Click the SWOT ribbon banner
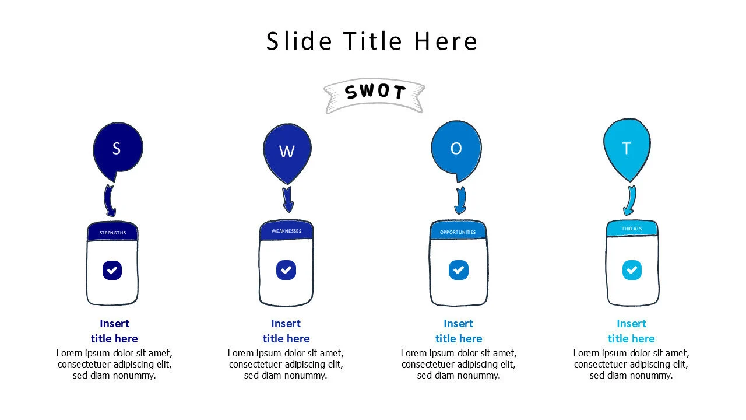click(374, 94)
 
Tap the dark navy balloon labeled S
click(117, 149)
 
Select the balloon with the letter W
click(287, 150)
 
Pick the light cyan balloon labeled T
click(627, 148)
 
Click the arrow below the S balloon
click(110, 201)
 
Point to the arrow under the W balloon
click(287, 200)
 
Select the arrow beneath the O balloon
click(460, 200)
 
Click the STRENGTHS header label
click(112, 233)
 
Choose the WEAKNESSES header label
click(286, 231)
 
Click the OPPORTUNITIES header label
click(458, 232)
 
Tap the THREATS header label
click(632, 229)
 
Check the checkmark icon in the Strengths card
click(112, 270)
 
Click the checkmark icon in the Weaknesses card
click(286, 270)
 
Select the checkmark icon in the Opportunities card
click(459, 270)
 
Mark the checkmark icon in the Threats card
click(632, 270)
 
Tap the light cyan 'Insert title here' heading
click(631, 331)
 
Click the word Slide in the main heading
click(299, 41)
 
